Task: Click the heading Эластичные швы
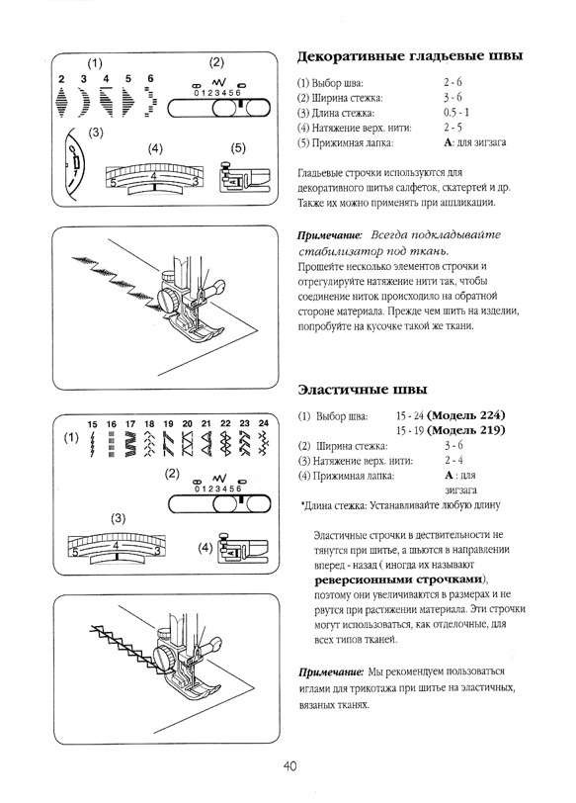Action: tap(356, 389)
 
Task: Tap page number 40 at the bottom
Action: tap(288, 764)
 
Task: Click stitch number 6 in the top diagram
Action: tap(149, 78)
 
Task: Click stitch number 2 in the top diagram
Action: tap(61, 78)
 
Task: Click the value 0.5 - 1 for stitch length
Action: tap(457, 113)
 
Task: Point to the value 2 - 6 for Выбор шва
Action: tap(453, 81)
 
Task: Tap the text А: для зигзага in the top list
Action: tap(475, 144)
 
